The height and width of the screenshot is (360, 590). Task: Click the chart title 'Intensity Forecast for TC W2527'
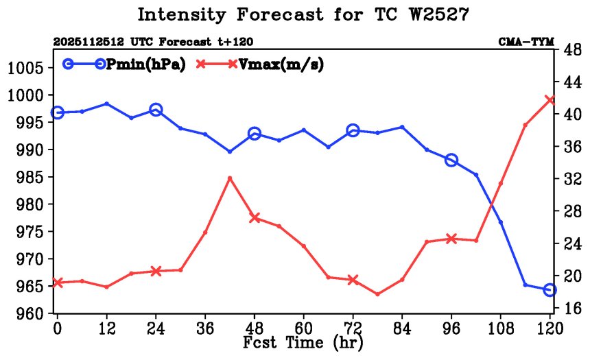[303, 14]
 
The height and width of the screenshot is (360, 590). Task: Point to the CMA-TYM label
[526, 43]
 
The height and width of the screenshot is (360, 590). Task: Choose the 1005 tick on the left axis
[26, 68]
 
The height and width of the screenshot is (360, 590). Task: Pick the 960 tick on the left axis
[26, 314]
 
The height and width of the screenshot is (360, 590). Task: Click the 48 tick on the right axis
[570, 49]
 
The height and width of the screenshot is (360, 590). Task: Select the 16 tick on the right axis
[570, 309]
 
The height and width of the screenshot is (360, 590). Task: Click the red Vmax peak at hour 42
[230, 178]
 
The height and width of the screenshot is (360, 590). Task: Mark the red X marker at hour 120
[550, 100]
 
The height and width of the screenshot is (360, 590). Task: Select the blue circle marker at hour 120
[550, 290]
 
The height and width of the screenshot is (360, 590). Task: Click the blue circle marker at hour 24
[156, 110]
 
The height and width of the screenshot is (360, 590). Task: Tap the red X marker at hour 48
[255, 217]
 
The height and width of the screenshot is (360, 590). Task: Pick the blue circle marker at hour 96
[451, 160]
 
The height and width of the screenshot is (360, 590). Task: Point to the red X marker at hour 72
[353, 280]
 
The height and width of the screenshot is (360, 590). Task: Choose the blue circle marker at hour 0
[58, 112]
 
